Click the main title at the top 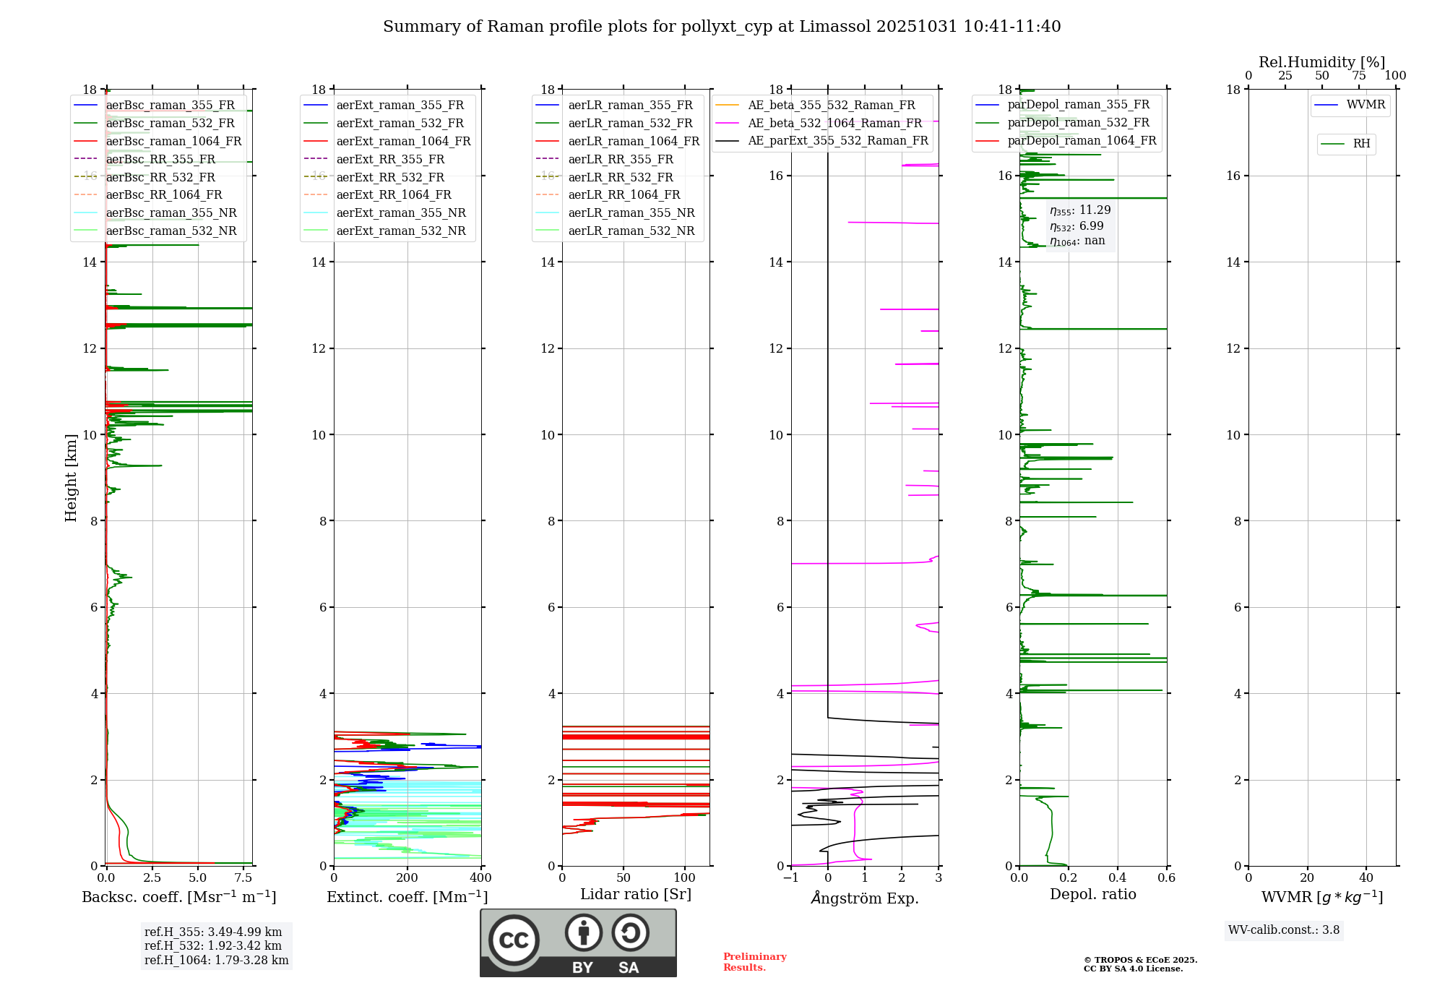pos(722,27)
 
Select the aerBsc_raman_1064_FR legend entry pos(173,141)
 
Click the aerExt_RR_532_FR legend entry pos(390,177)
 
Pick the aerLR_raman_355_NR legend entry pos(631,213)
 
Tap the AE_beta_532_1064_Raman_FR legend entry pos(834,123)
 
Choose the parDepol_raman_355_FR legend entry pos(1078,105)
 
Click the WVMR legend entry pos(1366,105)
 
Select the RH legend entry pos(1361,144)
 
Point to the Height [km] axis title pos(71,477)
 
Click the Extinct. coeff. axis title pos(407,897)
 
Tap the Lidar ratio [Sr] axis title pos(636,894)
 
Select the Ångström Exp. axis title pos(865,898)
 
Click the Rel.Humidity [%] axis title pos(1321,62)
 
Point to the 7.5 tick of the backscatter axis pos(243,878)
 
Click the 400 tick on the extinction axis pos(480,878)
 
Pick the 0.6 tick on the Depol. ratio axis pos(1166,878)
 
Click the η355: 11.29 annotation pos(1080,210)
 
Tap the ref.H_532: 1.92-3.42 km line pos(213,945)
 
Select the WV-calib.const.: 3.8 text pos(1284,930)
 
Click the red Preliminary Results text pos(754,962)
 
